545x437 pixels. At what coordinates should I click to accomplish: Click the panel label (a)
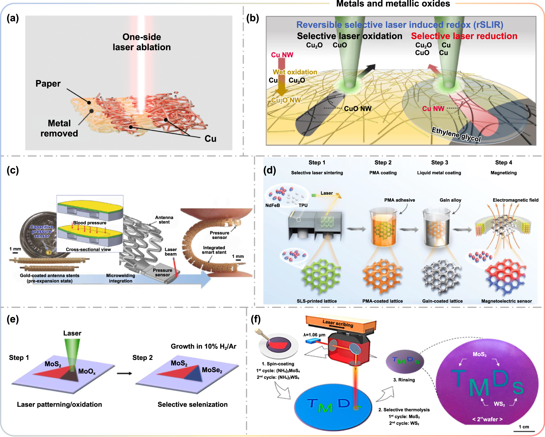click(13, 18)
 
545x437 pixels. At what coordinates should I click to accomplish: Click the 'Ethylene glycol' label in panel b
click(456, 134)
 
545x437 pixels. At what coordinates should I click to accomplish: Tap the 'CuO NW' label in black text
click(358, 109)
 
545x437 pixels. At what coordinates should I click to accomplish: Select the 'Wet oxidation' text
click(295, 72)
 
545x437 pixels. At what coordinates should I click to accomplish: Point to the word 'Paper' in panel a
click(48, 84)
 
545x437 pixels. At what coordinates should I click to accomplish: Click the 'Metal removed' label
click(59, 128)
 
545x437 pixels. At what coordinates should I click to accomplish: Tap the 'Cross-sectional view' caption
click(88, 250)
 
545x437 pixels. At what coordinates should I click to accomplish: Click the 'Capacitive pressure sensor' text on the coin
click(42, 231)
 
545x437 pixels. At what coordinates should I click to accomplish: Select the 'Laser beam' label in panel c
click(171, 252)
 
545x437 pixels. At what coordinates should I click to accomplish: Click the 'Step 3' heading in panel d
click(440, 162)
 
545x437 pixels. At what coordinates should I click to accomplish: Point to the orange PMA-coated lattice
click(382, 276)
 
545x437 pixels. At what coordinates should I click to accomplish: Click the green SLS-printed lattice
click(321, 276)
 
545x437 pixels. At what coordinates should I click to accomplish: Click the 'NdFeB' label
click(272, 205)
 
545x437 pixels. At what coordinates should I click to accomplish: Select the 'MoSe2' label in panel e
click(212, 370)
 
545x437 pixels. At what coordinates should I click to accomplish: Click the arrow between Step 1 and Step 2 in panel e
click(124, 373)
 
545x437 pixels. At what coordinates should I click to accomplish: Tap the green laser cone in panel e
click(72, 352)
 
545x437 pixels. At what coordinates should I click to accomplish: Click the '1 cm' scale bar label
click(524, 427)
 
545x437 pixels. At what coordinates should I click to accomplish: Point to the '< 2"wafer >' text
click(487, 419)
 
